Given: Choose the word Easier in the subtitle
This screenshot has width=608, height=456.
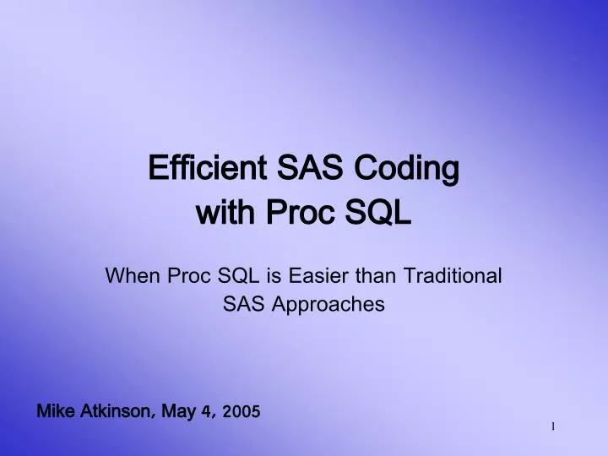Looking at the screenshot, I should tap(316, 275).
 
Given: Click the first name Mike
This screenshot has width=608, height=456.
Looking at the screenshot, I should tap(55, 412).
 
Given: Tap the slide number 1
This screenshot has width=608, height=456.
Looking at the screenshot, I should tap(553, 427).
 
